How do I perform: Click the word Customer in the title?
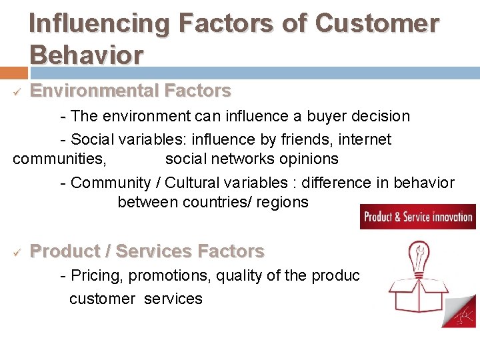[377, 23]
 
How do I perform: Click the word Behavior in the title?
[86, 55]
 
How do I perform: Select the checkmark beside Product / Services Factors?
[16, 252]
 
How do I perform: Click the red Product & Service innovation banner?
[418, 217]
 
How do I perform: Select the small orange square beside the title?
[13, 72]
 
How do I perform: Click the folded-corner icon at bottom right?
[460, 311]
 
